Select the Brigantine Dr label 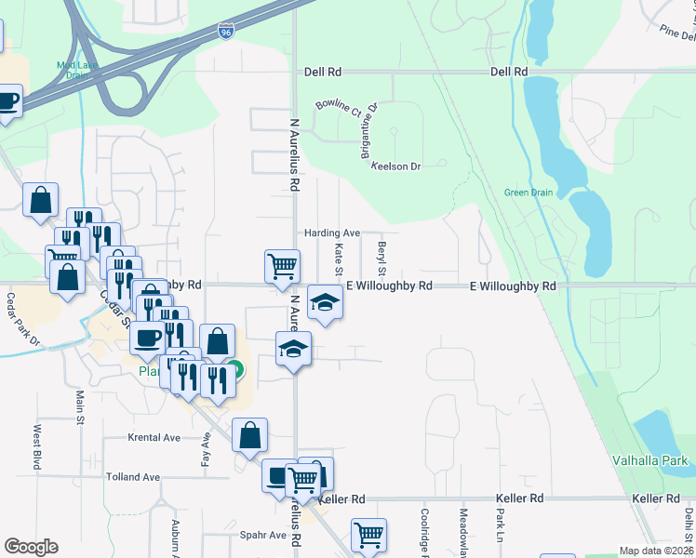[371, 129]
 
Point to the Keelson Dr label [395, 166]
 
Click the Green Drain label [528, 193]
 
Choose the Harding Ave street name [331, 232]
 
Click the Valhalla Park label [649, 460]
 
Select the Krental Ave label [154, 437]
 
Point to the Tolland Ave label [133, 477]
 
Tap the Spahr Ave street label [264, 535]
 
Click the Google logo [31, 547]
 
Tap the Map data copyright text [657, 551]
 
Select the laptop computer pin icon [277, 475]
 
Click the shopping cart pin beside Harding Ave [281, 266]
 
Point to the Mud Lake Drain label [78, 70]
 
